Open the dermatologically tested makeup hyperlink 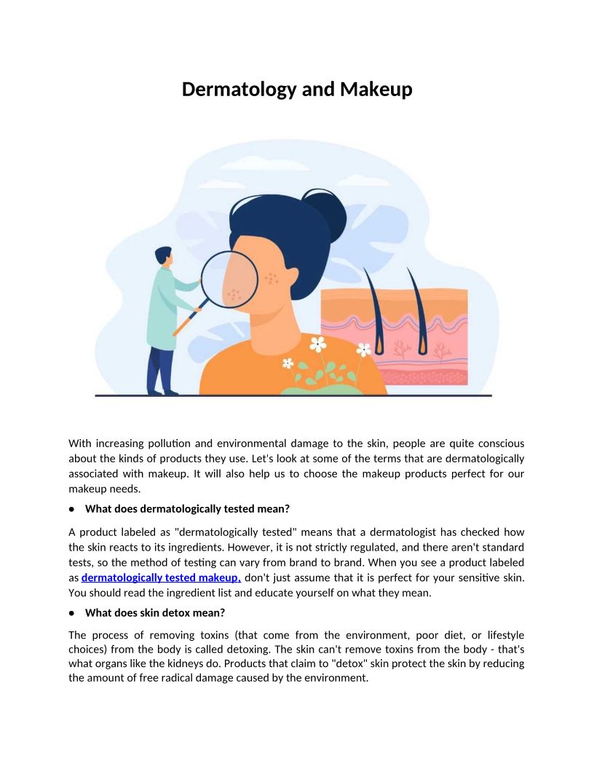[x=161, y=578]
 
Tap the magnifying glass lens [x=229, y=278]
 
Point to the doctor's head [x=163, y=257]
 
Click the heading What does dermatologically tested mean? [x=187, y=508]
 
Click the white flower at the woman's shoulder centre [x=318, y=344]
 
